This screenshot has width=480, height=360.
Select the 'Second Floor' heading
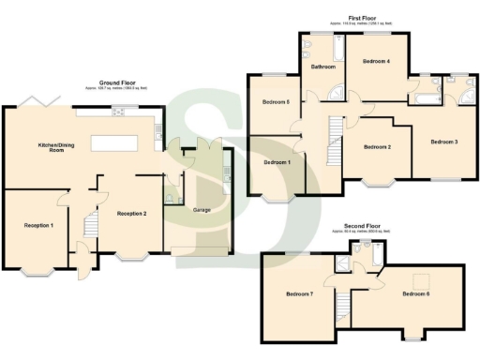pos(361,225)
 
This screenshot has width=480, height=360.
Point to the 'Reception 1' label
pos(38,225)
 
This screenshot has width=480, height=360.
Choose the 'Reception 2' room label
pos(132,214)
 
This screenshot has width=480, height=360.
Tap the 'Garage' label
pos(201,210)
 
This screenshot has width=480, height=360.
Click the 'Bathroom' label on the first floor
pos(324,67)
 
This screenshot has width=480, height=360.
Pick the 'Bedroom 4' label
pos(376,61)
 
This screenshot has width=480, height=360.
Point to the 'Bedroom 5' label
pos(276,101)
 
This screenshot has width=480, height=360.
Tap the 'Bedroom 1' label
pos(277,162)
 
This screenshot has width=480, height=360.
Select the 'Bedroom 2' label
pos(377,147)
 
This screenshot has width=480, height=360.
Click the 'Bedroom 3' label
pos(443,142)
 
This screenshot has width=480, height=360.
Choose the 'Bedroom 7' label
pos(299,295)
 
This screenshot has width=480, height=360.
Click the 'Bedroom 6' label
pos(415,294)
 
